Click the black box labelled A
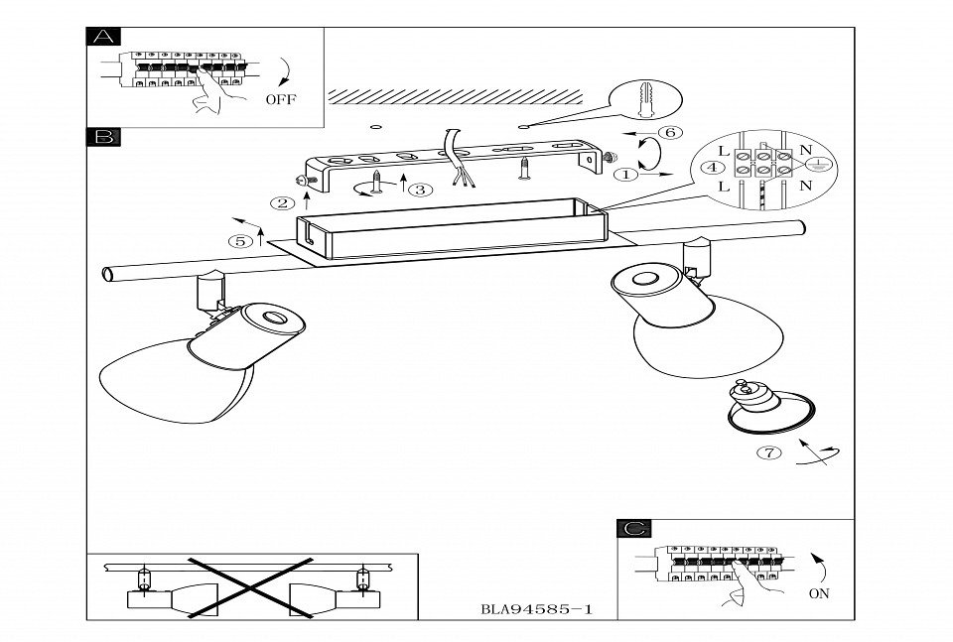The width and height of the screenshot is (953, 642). click(103, 38)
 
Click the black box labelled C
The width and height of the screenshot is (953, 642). click(632, 529)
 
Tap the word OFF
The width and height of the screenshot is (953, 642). click(280, 100)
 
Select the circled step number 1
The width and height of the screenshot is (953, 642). click(627, 176)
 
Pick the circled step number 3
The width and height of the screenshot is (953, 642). click(421, 190)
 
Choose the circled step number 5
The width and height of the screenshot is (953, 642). click(239, 241)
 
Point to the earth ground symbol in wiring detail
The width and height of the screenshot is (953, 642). click(822, 168)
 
